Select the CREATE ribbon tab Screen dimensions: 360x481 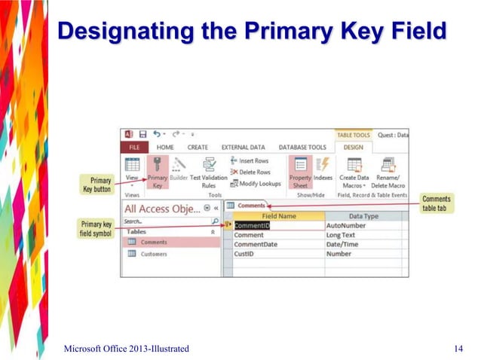point(198,147)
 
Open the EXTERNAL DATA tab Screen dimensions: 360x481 point(244,147)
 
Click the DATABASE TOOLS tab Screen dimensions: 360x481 point(302,147)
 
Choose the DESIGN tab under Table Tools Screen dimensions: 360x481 point(353,147)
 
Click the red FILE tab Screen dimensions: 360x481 point(133,147)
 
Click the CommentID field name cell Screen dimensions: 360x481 point(252,225)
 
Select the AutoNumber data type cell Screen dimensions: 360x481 point(346,225)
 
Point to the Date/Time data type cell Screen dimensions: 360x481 point(342,244)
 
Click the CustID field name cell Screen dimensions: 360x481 point(245,254)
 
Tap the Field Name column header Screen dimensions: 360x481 point(277,216)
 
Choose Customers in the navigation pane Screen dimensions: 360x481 point(153,254)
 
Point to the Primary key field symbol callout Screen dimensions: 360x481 point(97,228)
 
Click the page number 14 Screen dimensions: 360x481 point(458,347)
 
